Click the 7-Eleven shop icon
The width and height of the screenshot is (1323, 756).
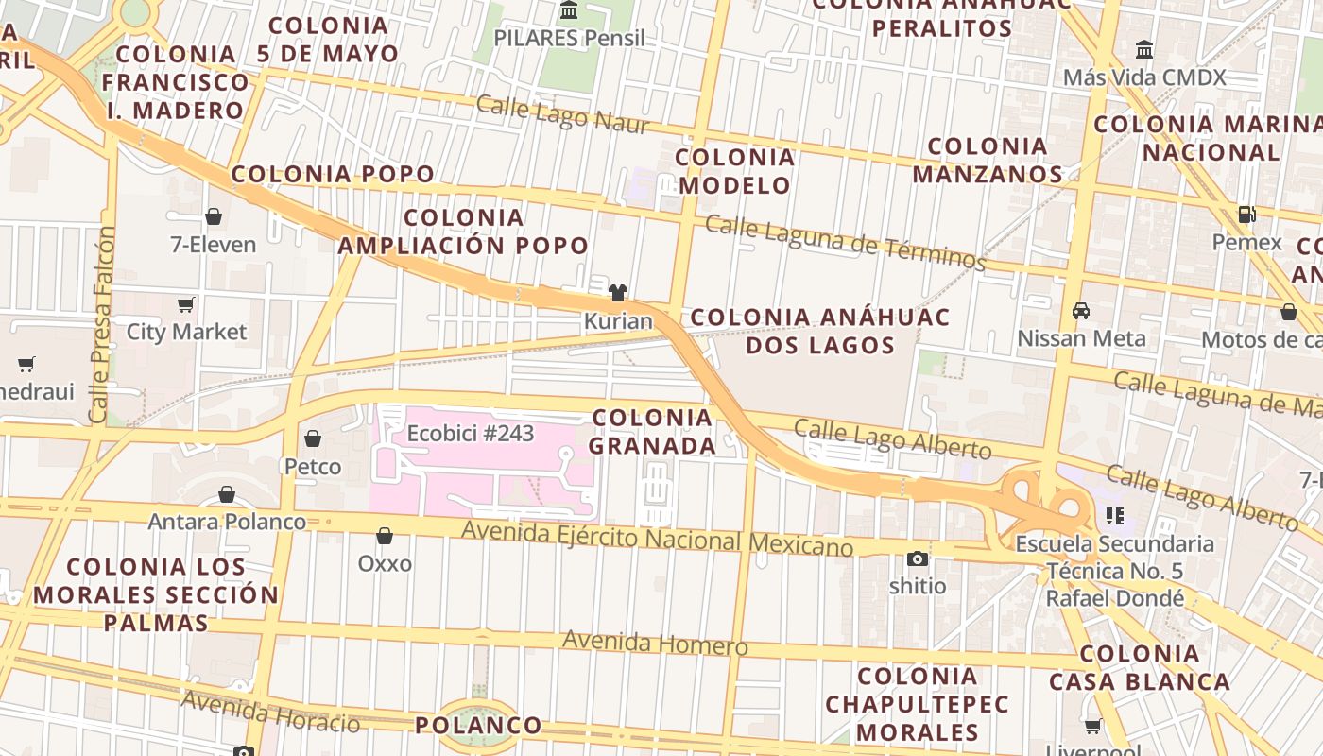[214, 216]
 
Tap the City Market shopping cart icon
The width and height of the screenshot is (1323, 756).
[186, 304]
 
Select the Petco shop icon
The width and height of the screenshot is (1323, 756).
[313, 438]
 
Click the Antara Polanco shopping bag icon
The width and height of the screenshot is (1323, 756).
[227, 494]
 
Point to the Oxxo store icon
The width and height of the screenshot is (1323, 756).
[385, 537]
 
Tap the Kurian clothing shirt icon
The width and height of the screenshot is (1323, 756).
[618, 293]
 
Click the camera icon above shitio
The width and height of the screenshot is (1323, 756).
[917, 558]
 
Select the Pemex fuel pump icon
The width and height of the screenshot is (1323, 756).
[1247, 215]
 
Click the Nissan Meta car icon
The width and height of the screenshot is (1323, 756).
[1081, 311]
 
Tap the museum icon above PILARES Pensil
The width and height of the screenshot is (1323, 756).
[569, 10]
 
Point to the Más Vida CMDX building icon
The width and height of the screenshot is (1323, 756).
[1144, 49]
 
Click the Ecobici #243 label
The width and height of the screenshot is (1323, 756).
[471, 434]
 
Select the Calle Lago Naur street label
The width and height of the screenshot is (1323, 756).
[562, 113]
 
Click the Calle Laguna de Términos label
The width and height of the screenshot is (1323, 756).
[846, 242]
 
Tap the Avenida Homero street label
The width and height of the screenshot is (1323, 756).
[655, 644]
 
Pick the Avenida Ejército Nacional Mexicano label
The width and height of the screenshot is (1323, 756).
[657, 539]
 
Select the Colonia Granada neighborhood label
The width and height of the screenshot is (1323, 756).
[653, 431]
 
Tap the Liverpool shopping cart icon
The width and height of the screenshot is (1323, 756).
[1093, 727]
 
